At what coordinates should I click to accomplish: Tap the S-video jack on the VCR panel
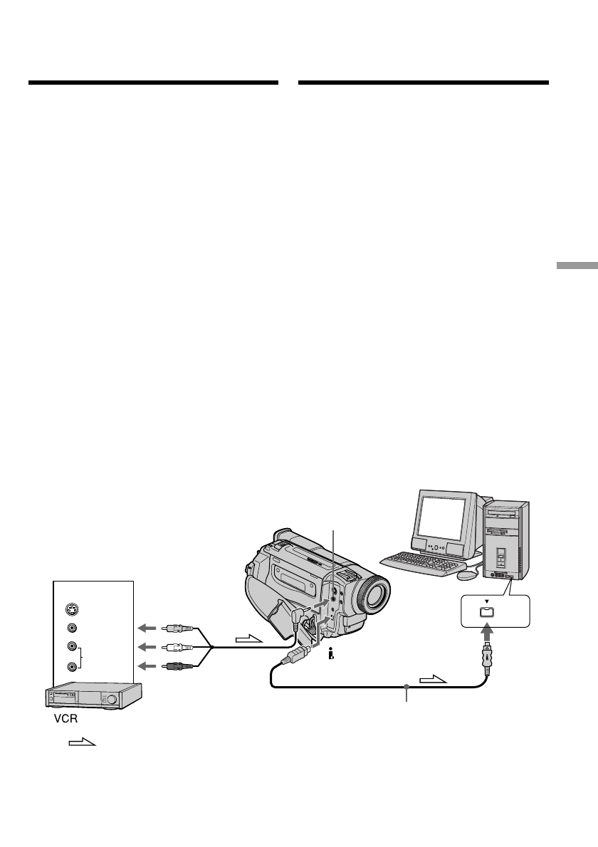point(70,609)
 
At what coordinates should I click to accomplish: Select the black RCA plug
point(174,666)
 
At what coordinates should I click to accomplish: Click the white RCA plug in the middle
point(174,647)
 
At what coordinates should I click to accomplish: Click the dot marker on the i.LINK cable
point(406,688)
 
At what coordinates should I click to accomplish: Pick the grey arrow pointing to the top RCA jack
point(147,628)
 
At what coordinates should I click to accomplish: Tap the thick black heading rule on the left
point(152,83)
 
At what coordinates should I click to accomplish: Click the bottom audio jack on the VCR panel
point(70,667)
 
